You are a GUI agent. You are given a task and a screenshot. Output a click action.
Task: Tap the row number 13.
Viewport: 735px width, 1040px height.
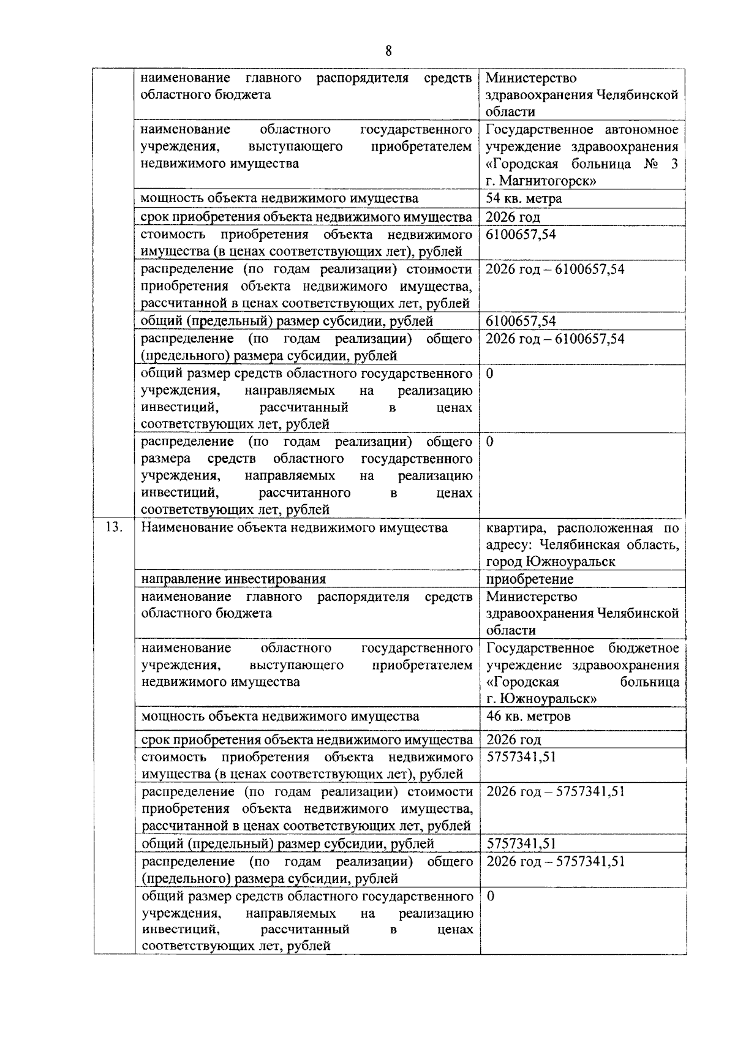click(x=114, y=527)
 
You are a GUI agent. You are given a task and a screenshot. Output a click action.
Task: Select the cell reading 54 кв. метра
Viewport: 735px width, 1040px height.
click(x=524, y=198)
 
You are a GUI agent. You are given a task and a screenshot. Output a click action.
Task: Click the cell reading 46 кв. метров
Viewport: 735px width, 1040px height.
click(x=529, y=716)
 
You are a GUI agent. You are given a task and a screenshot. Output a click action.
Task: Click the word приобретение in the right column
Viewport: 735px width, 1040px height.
click(x=530, y=579)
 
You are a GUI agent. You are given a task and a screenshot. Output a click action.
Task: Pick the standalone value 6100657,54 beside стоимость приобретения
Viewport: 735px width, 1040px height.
click(x=521, y=235)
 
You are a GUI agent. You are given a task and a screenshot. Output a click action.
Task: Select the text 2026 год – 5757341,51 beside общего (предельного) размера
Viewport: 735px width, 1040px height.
click(x=556, y=861)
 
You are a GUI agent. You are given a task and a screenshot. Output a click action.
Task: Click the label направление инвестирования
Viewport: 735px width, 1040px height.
click(x=233, y=579)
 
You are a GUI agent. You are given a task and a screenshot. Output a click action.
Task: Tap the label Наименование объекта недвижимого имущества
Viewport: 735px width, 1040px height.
click(x=295, y=527)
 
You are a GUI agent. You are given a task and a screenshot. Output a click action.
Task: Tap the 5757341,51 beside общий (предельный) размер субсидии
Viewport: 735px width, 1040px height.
click(x=521, y=844)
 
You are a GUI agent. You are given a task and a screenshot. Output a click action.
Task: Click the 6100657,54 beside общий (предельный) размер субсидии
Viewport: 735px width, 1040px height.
click(x=521, y=321)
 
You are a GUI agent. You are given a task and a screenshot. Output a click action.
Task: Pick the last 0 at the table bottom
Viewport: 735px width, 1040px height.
click(x=491, y=896)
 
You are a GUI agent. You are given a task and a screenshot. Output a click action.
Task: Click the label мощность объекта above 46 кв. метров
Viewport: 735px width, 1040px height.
click(x=280, y=716)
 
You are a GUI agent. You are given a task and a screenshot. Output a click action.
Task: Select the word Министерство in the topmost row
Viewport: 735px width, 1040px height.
click(x=531, y=78)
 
